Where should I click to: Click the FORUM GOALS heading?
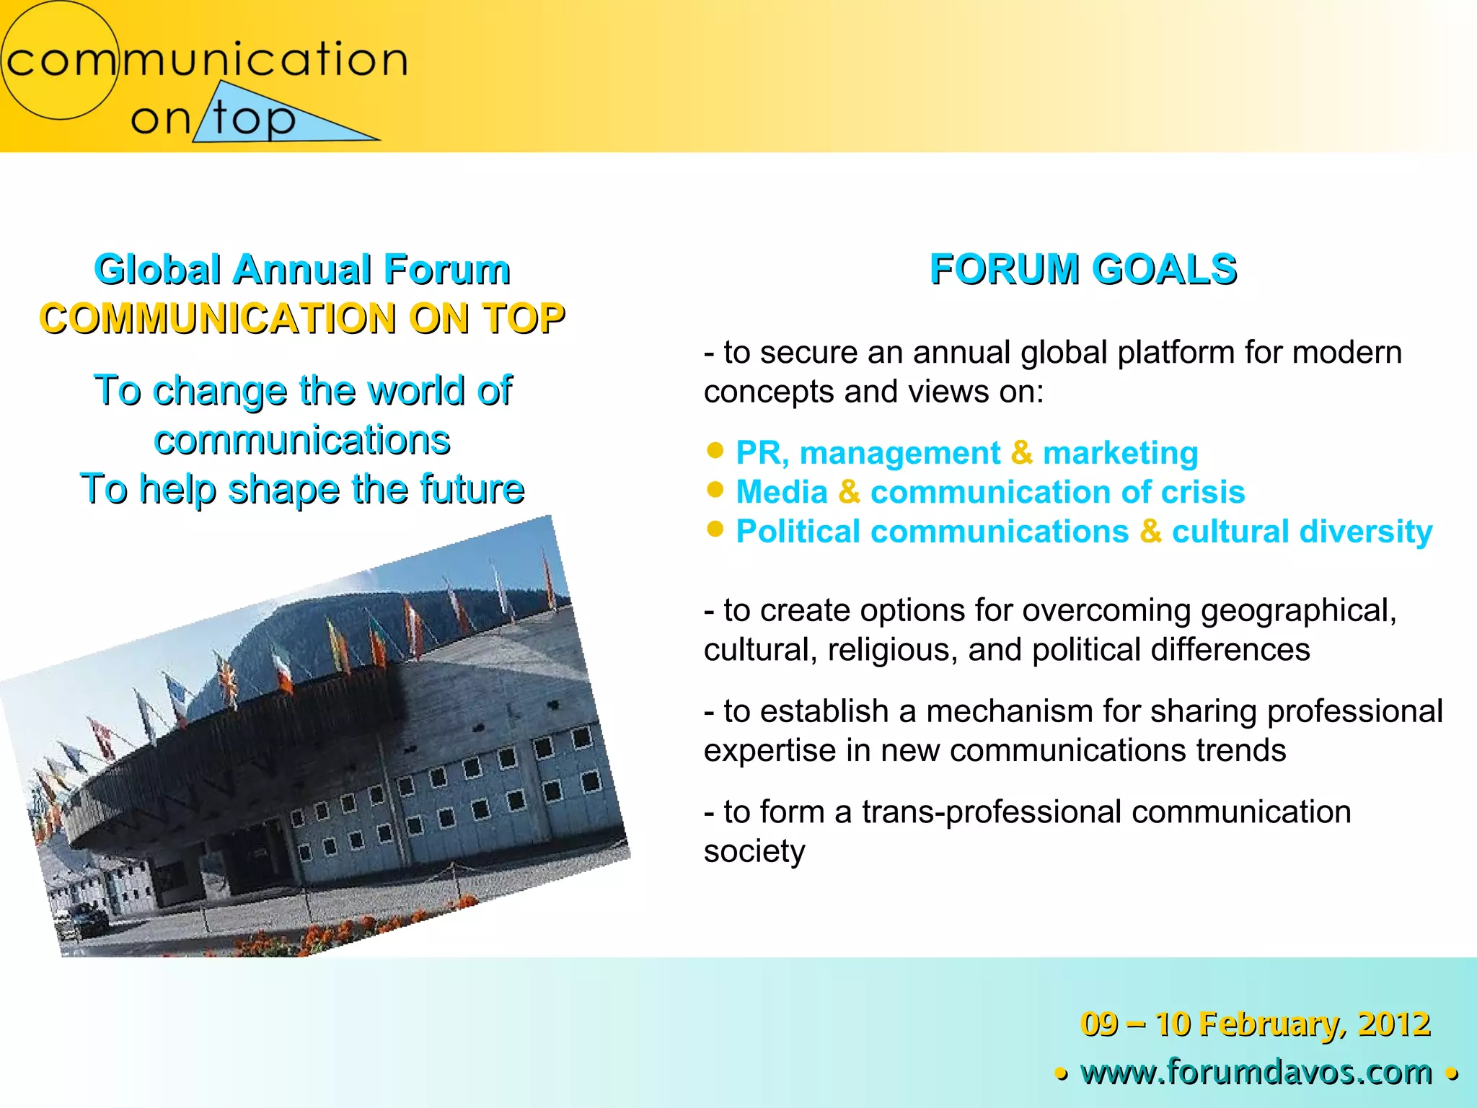pyautogui.click(x=1083, y=270)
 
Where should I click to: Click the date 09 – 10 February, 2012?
pyautogui.click(x=1255, y=1024)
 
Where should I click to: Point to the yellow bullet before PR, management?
pyautogui.click(x=715, y=451)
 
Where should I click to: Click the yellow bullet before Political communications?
pyautogui.click(x=715, y=529)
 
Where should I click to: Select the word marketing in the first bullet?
pyautogui.click(x=1120, y=453)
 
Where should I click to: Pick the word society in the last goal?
pyautogui.click(x=754, y=852)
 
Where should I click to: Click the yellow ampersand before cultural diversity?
pyautogui.click(x=1150, y=532)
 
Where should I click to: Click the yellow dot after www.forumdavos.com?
pyautogui.click(x=1452, y=1074)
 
